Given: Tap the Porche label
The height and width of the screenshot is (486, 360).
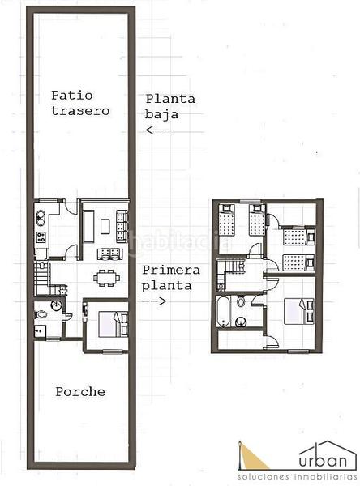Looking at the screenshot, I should (x=79, y=392).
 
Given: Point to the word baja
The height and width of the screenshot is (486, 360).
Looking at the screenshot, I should (x=160, y=114).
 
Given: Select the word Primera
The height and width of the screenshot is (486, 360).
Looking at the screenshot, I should (x=170, y=271).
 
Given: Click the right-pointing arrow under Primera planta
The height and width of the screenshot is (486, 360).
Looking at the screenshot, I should (x=155, y=301).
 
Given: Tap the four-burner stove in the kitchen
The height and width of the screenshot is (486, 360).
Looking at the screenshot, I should (x=41, y=238).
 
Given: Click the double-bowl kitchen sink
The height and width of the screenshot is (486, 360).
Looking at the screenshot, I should (x=41, y=217).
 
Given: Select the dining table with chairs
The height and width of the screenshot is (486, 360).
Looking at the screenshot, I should (x=106, y=277).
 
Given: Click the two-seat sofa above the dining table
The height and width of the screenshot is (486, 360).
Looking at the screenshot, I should (x=106, y=254).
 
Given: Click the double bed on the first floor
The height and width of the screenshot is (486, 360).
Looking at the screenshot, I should (x=298, y=313).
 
